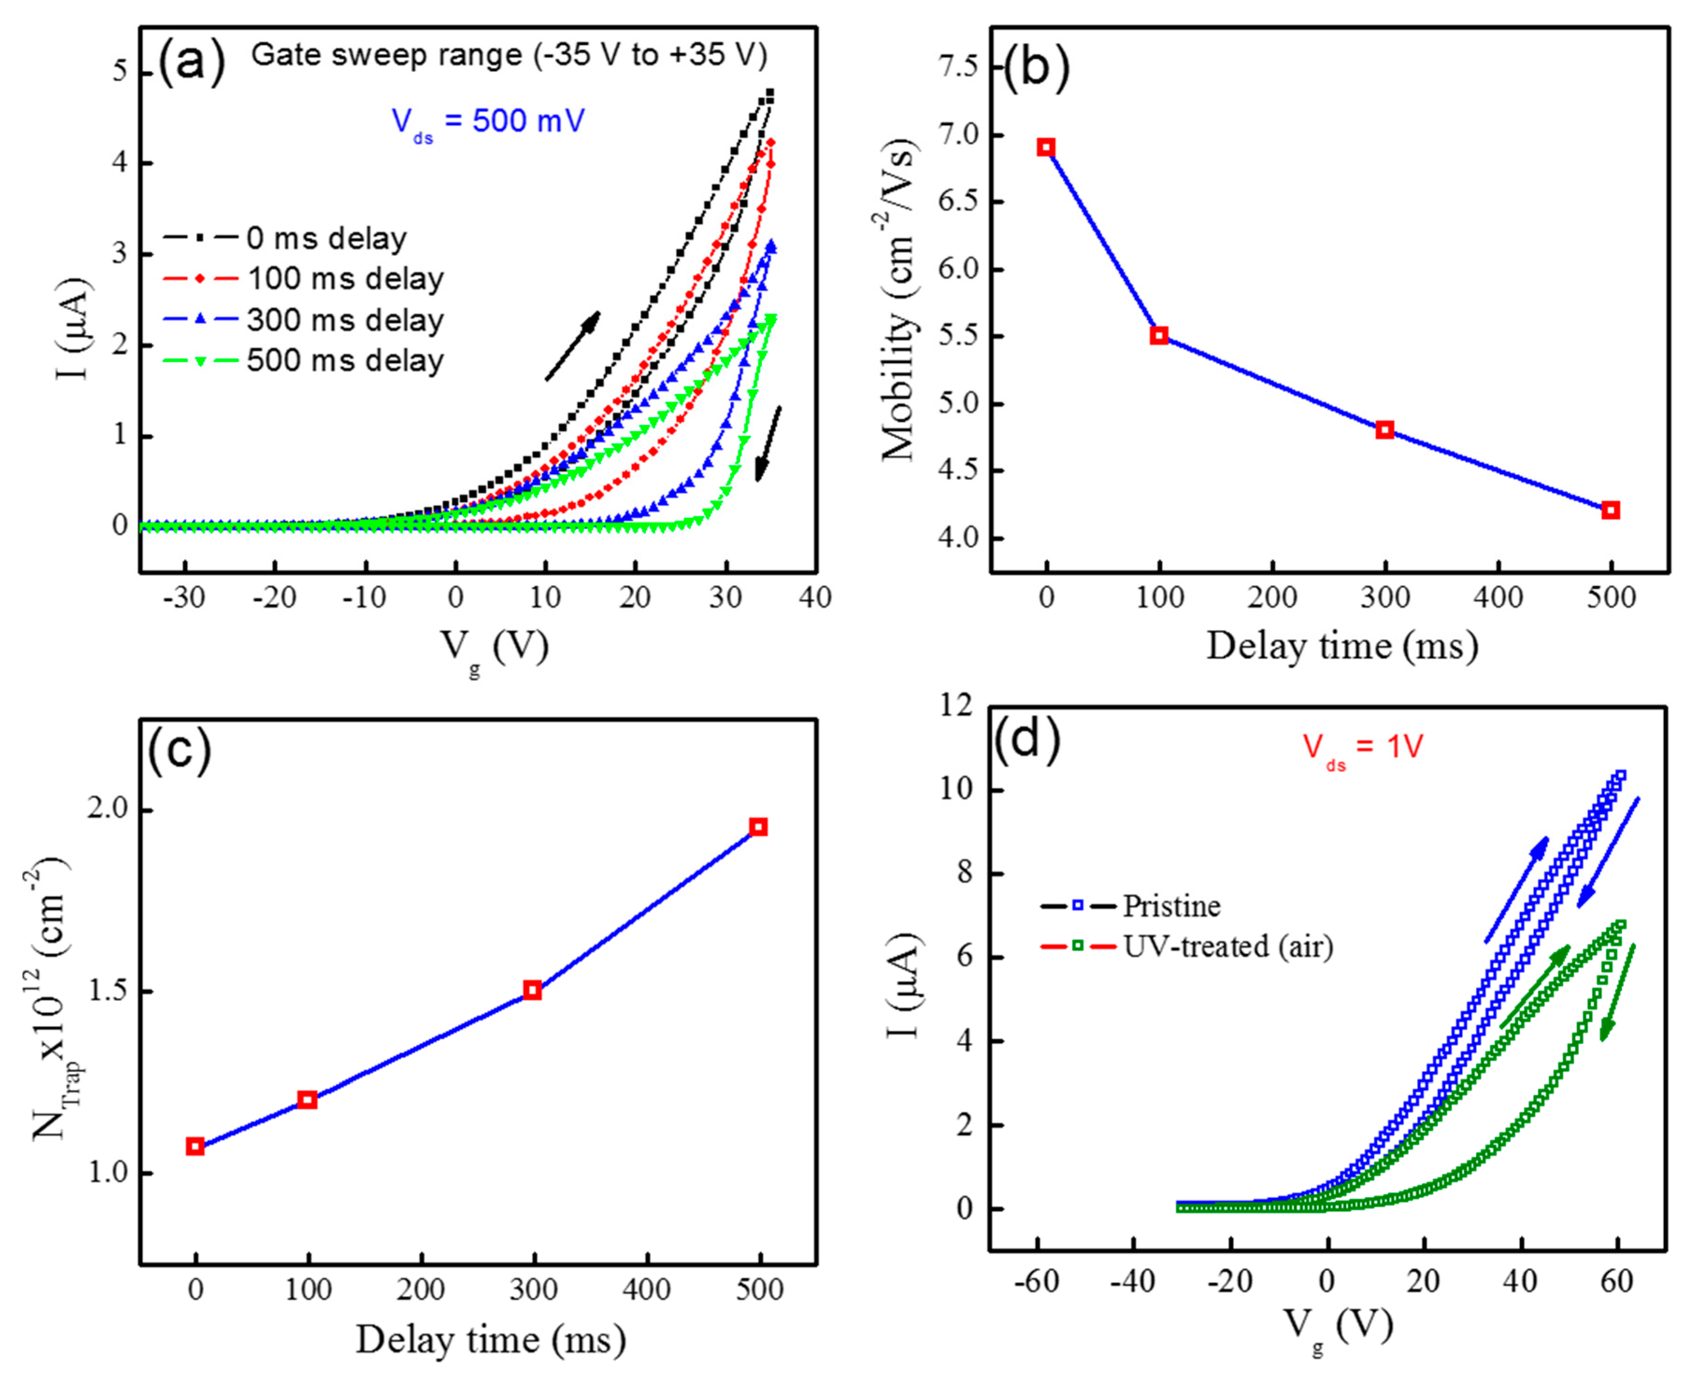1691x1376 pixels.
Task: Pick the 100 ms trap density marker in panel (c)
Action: pos(307,1099)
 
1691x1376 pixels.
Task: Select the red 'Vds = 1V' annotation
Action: pos(1363,747)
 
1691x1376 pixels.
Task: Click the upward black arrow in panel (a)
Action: pos(572,346)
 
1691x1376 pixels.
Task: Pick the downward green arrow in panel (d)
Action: pos(1617,992)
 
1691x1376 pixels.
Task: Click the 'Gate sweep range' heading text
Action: pos(509,55)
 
